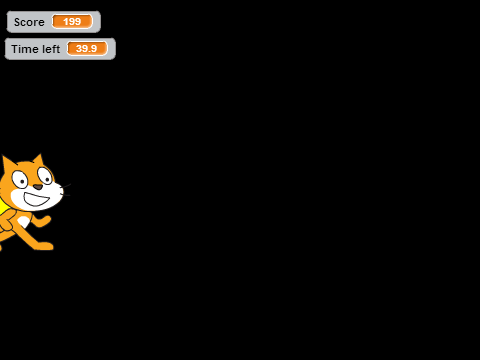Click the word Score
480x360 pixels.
coord(29,22)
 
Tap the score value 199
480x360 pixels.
coord(72,22)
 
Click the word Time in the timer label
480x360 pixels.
coord(24,49)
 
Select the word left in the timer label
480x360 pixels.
coord(50,49)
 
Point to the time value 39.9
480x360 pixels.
coord(86,48)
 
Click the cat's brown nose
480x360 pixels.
coord(38,187)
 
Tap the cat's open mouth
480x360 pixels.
coord(36,199)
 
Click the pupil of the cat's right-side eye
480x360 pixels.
coord(47,179)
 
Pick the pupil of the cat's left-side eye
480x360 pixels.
coord(23,182)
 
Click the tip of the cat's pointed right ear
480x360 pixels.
coord(41,154)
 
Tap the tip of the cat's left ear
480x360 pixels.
coord(3,156)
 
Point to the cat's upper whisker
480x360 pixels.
coord(67,185)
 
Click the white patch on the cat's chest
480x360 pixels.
coord(23,221)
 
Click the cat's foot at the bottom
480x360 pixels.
coord(45,246)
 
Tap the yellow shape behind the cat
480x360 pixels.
coord(3,207)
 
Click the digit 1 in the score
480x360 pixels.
coord(66,22)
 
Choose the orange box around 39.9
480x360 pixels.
coord(87,49)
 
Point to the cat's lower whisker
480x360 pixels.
coord(66,195)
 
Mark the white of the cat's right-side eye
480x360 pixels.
coord(45,176)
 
